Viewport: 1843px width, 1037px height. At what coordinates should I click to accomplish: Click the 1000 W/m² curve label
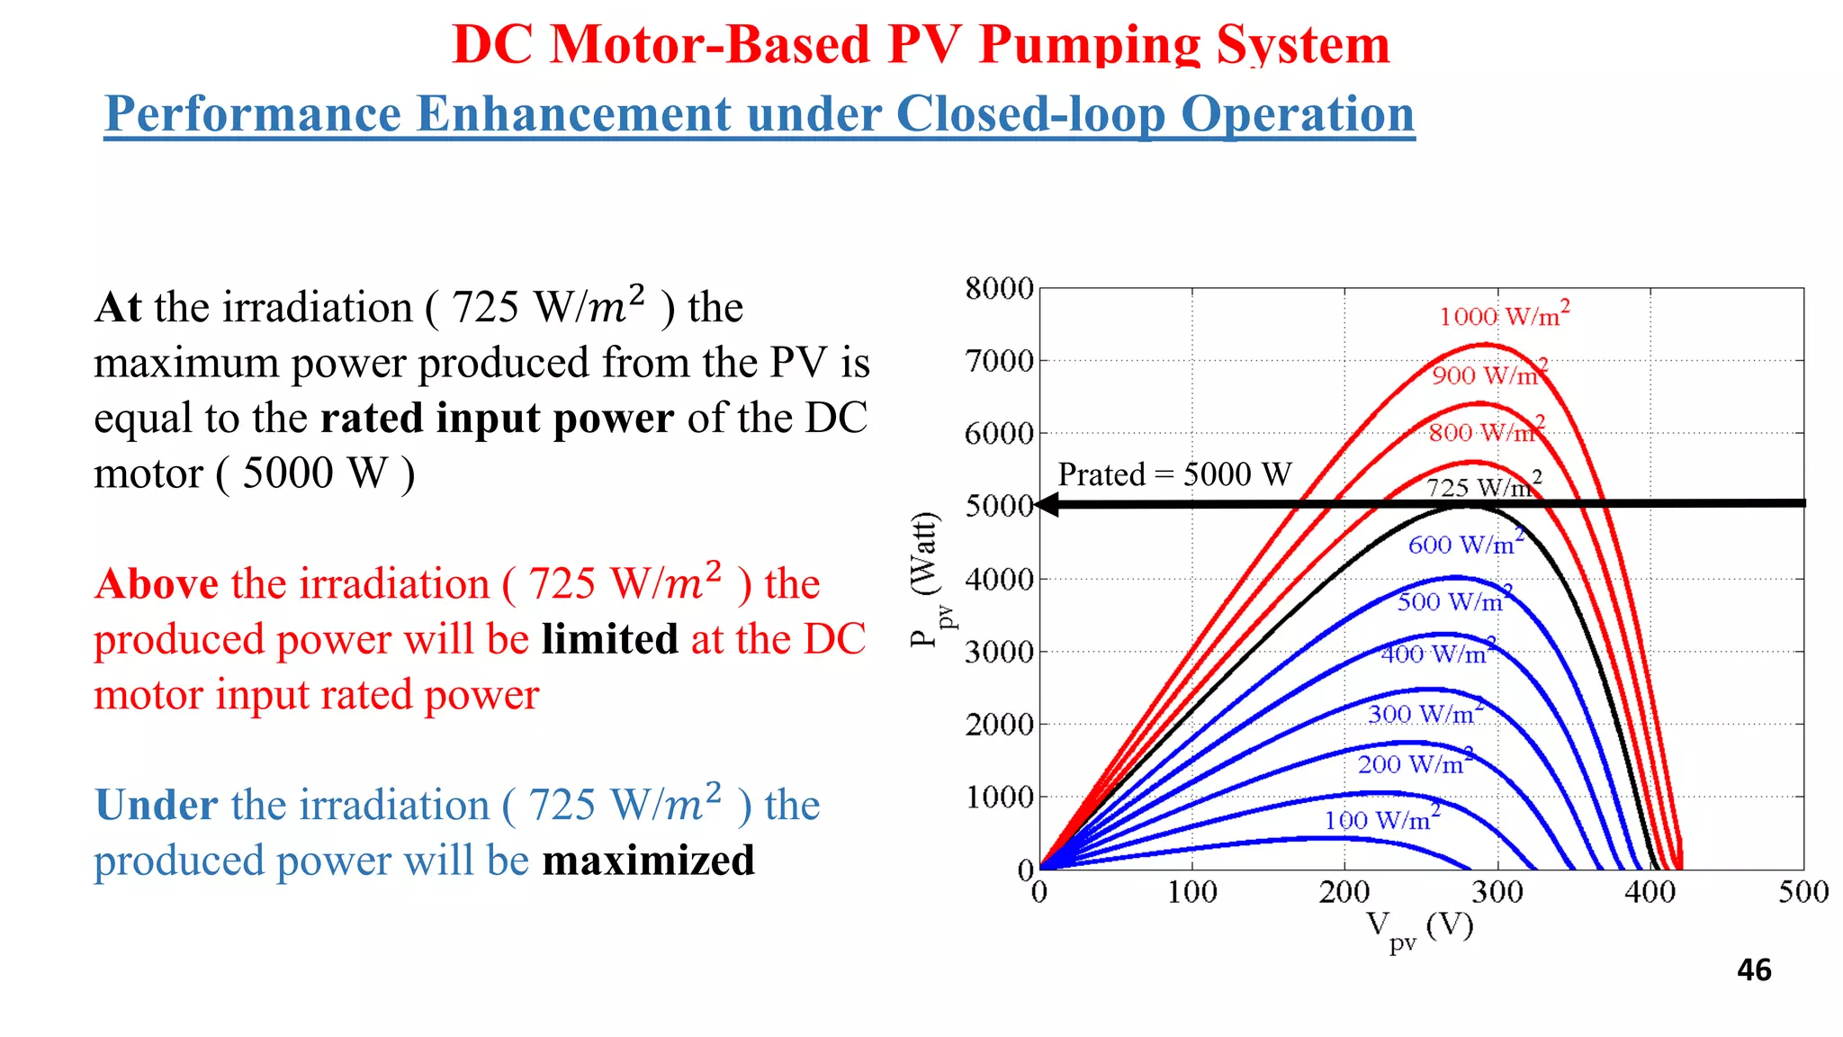1504,316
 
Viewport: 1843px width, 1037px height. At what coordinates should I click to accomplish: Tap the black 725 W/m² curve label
1483,487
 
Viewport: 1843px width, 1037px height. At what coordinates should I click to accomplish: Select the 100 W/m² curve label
1381,819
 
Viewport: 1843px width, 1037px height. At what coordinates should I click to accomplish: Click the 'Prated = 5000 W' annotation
1174,474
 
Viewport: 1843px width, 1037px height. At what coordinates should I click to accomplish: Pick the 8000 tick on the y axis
999,289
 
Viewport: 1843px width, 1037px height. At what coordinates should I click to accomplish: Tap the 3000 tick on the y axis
999,652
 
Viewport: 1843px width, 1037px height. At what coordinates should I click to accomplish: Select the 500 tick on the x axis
1803,892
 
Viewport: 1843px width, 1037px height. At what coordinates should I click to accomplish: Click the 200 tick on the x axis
1344,892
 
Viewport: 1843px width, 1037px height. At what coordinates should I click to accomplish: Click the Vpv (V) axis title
1419,928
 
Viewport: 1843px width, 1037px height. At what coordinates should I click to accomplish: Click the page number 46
1754,970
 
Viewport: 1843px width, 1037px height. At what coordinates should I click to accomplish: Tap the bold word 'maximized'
648,861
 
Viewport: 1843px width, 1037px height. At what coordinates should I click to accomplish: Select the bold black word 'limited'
609,639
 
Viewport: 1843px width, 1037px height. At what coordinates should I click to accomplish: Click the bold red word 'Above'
157,584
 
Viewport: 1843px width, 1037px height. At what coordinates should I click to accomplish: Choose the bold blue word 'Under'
157,805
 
